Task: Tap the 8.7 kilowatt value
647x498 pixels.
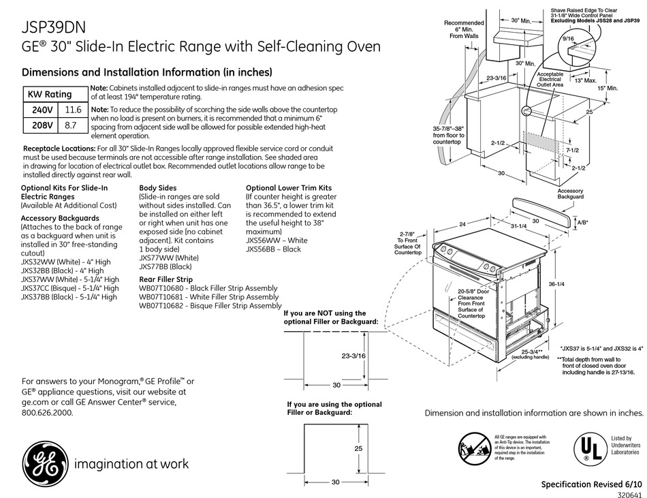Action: (71, 125)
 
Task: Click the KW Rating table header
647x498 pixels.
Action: (49, 94)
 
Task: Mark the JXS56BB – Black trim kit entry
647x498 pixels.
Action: (273, 249)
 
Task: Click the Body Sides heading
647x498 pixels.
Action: (158, 187)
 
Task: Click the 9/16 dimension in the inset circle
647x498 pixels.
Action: (567, 39)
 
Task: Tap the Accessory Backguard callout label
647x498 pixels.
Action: (570, 193)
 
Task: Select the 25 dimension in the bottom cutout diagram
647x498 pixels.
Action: (358, 449)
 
